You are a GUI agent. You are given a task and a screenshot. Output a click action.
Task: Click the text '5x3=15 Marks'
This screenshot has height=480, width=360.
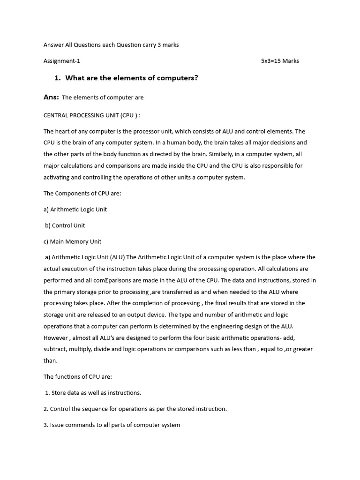(x=280, y=61)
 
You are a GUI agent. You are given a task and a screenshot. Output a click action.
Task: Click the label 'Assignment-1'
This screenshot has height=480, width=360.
(x=62, y=61)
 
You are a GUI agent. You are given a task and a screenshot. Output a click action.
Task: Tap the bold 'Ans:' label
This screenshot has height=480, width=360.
(x=51, y=97)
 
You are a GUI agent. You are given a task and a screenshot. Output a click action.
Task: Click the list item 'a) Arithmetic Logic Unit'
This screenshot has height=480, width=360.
(x=75, y=210)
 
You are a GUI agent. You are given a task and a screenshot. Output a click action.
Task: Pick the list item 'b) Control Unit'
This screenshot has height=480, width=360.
(x=65, y=225)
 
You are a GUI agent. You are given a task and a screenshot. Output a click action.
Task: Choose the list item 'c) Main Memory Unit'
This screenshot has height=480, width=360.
(x=72, y=241)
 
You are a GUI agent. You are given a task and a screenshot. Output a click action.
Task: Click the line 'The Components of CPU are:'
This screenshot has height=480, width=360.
(x=82, y=193)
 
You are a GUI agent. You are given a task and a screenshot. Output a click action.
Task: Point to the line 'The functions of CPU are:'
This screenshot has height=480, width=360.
(x=77, y=376)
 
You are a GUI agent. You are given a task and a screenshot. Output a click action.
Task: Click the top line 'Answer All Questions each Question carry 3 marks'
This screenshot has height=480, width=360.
(x=111, y=45)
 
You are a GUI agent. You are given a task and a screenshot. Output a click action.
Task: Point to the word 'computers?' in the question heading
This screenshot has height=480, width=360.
(x=180, y=78)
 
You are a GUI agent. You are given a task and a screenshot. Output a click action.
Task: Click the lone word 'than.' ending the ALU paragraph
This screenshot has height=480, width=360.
(x=51, y=360)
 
